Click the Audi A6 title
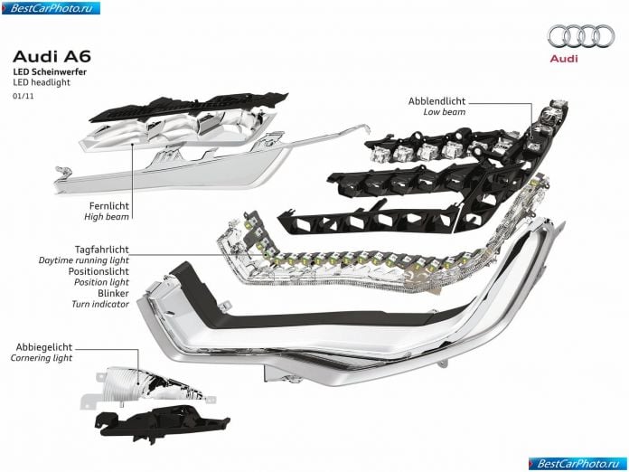click(52, 57)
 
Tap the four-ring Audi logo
click(581, 36)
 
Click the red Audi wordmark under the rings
click(564, 59)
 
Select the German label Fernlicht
click(109, 206)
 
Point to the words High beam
click(107, 217)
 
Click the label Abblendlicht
click(437, 101)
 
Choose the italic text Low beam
click(445, 112)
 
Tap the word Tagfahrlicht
click(102, 250)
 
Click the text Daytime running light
click(84, 260)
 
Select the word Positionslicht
click(99, 271)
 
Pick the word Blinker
click(113, 293)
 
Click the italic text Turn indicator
click(100, 304)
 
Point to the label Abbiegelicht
click(44, 347)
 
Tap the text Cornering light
click(42, 358)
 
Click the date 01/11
click(23, 97)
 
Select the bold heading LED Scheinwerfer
click(50, 72)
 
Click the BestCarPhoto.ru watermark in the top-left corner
click(51, 8)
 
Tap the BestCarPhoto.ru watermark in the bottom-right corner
click(577, 464)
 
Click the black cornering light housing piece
click(161, 422)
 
